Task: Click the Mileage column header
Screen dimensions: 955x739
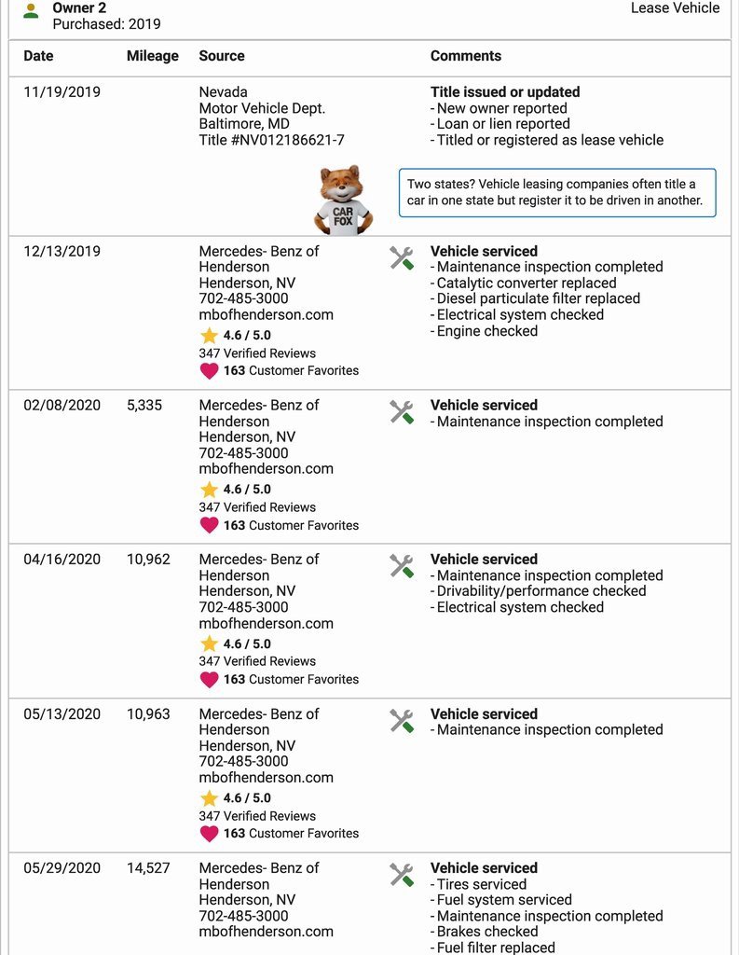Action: pyautogui.click(x=152, y=56)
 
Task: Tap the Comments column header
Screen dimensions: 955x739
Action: pyautogui.click(x=465, y=56)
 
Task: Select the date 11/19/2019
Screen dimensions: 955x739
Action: pyautogui.click(x=62, y=92)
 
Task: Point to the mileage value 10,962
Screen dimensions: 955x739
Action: pyautogui.click(x=148, y=559)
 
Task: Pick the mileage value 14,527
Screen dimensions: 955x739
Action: pyautogui.click(x=148, y=867)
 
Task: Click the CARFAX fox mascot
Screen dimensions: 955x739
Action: pyautogui.click(x=343, y=200)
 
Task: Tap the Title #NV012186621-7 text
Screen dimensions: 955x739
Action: pyautogui.click(x=271, y=140)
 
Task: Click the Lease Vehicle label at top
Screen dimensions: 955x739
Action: pyautogui.click(x=675, y=8)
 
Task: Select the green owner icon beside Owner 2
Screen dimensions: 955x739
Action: pyautogui.click(x=31, y=11)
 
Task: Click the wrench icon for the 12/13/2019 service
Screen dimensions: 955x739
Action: pyautogui.click(x=402, y=258)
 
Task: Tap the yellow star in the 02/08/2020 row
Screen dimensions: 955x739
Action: pyautogui.click(x=209, y=490)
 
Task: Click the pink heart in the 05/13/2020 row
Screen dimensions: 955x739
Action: pyautogui.click(x=209, y=833)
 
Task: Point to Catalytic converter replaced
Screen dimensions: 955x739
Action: pyautogui.click(x=527, y=283)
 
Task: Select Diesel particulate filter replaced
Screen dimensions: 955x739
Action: pyautogui.click(x=538, y=298)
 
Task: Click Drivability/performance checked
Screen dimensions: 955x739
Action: pyautogui.click(x=541, y=590)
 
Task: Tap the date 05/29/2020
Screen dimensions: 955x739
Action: pyautogui.click(x=62, y=867)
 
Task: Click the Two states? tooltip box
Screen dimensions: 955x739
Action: pyautogui.click(x=556, y=192)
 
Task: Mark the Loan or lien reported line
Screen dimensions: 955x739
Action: pyautogui.click(x=502, y=124)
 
